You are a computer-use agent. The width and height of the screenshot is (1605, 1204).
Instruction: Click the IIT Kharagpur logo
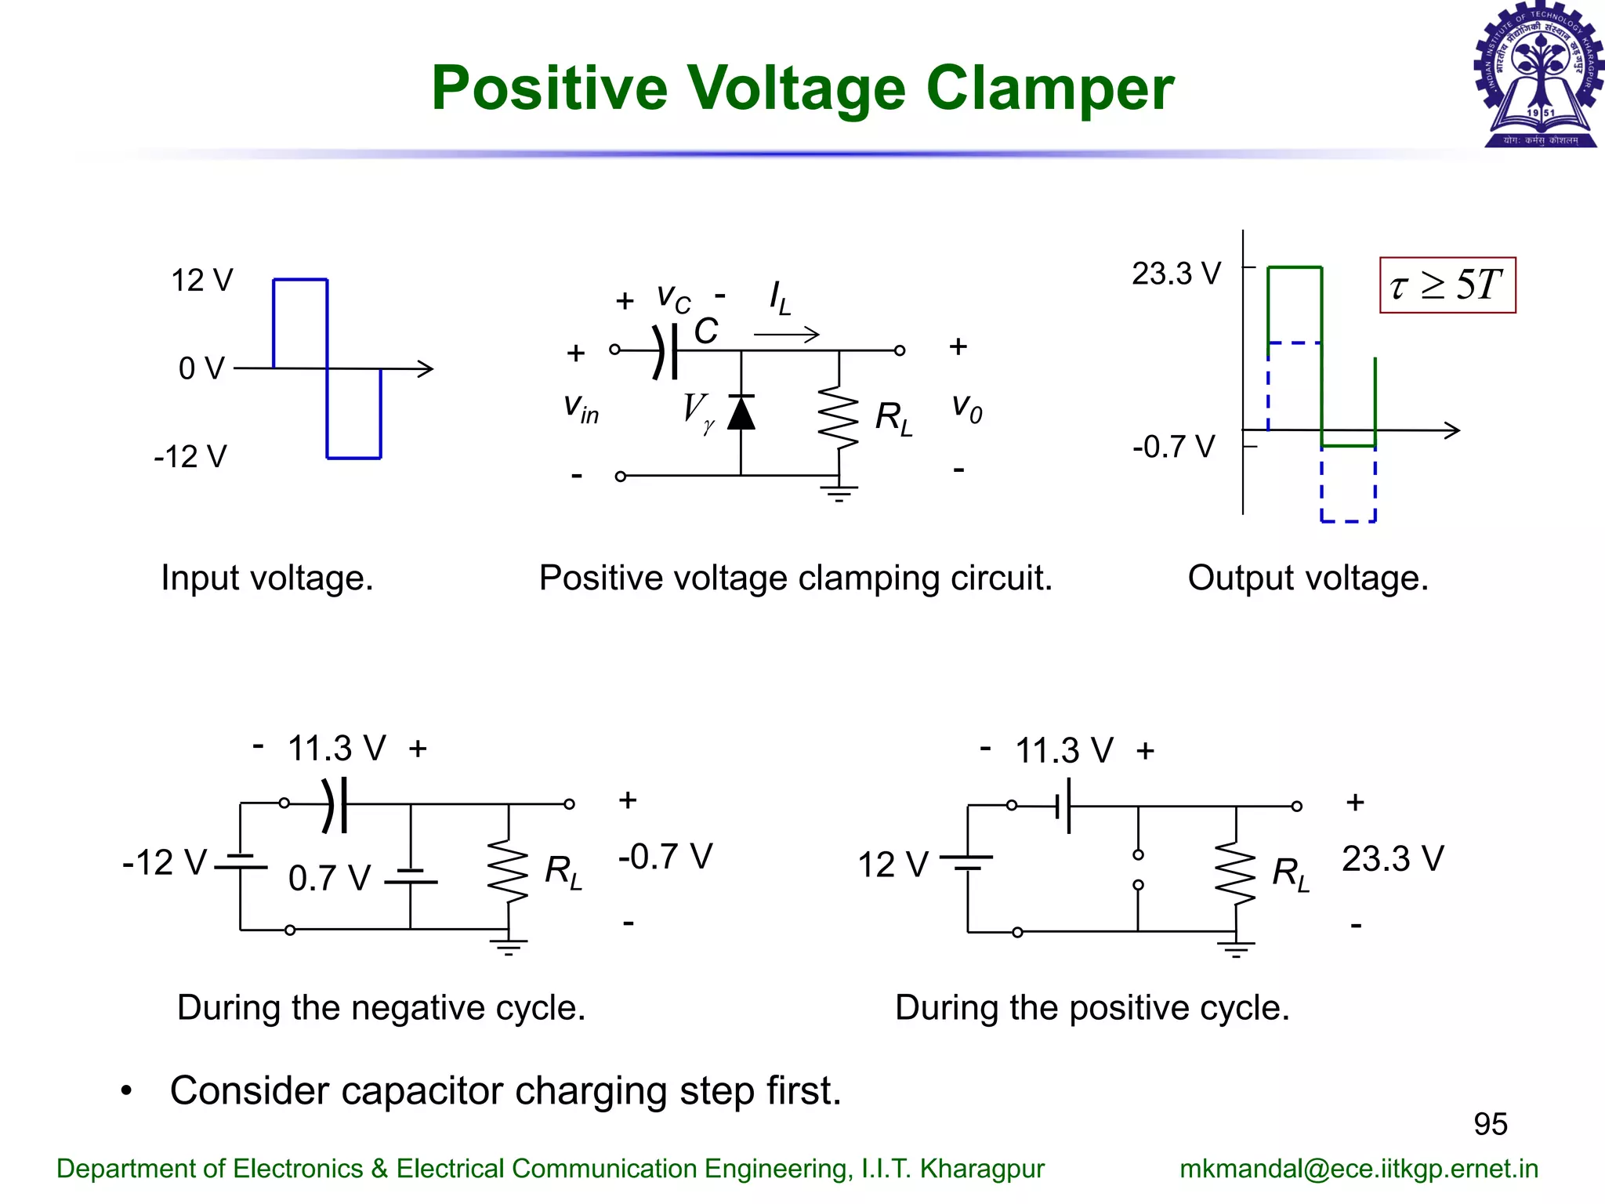1538,75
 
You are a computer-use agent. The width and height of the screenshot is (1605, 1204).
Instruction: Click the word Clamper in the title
1049,89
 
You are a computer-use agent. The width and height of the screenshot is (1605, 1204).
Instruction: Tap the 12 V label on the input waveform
201,281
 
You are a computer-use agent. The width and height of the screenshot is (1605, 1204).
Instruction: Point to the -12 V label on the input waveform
190,456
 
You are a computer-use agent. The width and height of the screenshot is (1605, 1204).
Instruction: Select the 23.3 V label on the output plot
1176,274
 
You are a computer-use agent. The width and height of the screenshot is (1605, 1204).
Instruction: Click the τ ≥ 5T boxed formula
1447,285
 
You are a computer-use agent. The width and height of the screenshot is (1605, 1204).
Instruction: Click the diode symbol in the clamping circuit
741,413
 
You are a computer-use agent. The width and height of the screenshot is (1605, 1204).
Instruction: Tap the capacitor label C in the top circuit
705,332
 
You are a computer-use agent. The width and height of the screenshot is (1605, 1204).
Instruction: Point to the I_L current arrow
786,335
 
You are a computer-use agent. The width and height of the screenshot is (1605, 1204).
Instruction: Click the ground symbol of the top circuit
839,493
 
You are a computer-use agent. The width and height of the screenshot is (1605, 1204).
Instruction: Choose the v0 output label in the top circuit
966,408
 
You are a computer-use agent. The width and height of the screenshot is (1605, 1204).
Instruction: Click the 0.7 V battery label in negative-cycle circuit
329,878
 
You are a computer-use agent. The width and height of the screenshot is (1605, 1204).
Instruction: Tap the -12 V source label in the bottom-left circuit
165,862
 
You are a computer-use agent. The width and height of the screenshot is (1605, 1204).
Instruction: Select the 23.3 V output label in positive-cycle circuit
1393,859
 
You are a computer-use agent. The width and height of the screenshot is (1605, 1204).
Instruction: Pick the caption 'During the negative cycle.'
381,1007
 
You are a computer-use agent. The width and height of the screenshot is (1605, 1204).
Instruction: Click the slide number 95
1490,1124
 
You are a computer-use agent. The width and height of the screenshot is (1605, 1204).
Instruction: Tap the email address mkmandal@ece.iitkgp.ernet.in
1359,1169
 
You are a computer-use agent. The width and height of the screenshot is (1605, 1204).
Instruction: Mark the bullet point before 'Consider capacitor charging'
126,1091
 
